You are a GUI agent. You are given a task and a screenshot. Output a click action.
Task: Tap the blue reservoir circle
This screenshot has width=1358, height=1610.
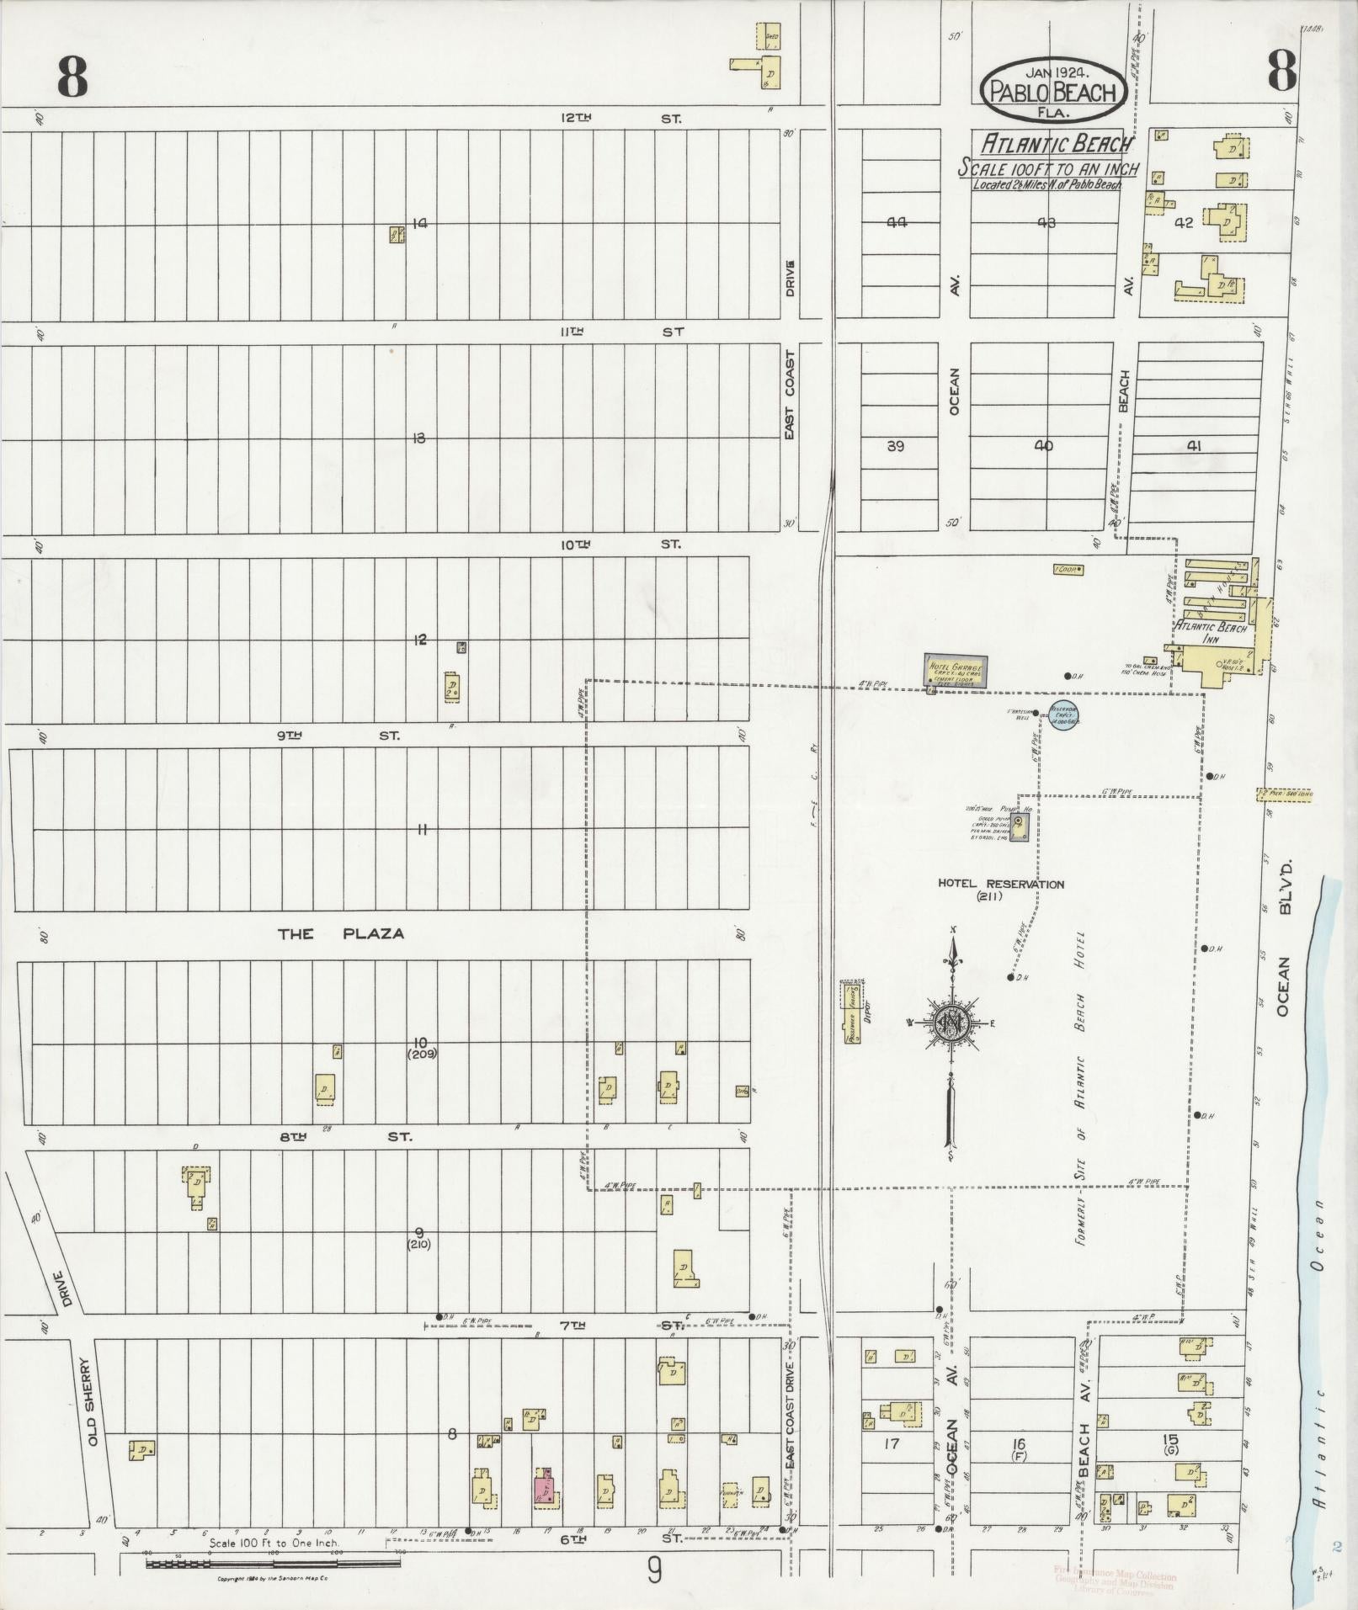tap(1065, 715)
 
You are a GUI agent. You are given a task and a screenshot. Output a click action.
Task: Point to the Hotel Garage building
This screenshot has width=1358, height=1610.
tap(956, 672)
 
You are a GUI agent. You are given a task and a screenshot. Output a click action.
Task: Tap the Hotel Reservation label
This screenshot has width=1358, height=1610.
tap(1001, 885)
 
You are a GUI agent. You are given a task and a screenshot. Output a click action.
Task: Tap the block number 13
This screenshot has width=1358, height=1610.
tap(418, 438)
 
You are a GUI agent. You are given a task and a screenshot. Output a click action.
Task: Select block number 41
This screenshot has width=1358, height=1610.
tap(1192, 447)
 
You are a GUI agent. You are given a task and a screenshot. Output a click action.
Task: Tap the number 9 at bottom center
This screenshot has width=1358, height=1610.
tap(653, 1570)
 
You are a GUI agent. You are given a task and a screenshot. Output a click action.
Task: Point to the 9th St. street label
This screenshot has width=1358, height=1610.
tap(340, 736)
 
